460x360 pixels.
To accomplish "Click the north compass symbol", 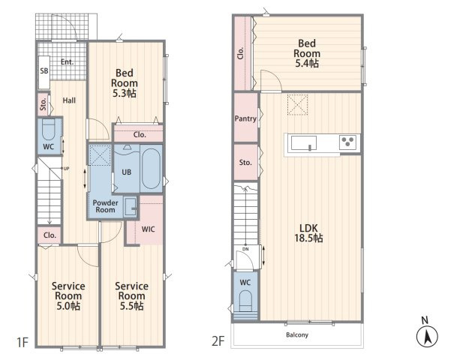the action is click(427, 336).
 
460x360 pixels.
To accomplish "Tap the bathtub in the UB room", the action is click(151, 169).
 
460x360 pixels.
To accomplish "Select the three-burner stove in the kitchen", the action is click(348, 142).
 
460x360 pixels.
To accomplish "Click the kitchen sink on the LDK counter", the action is click(304, 143).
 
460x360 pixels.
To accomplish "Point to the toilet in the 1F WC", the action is click(49, 129).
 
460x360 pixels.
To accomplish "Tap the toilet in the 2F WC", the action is click(245, 301).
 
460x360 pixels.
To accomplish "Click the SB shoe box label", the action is click(44, 70).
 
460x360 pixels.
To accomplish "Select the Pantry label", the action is click(245, 118).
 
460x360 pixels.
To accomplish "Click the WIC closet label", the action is click(148, 229).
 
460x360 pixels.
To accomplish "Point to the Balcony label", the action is click(297, 334).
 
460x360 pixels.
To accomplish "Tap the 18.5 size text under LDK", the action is click(308, 238).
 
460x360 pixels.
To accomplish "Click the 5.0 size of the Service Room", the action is click(68, 306).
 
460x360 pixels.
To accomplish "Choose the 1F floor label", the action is click(23, 342).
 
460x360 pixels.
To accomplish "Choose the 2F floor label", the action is click(218, 341).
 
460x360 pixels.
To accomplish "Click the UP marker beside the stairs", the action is click(66, 169).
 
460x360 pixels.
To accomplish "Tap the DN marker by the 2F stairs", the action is click(245, 249).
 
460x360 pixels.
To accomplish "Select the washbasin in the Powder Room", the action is click(131, 207).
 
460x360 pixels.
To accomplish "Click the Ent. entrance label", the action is click(68, 62).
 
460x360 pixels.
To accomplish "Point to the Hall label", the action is click(69, 100).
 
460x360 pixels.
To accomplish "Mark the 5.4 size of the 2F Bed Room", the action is click(307, 63).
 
